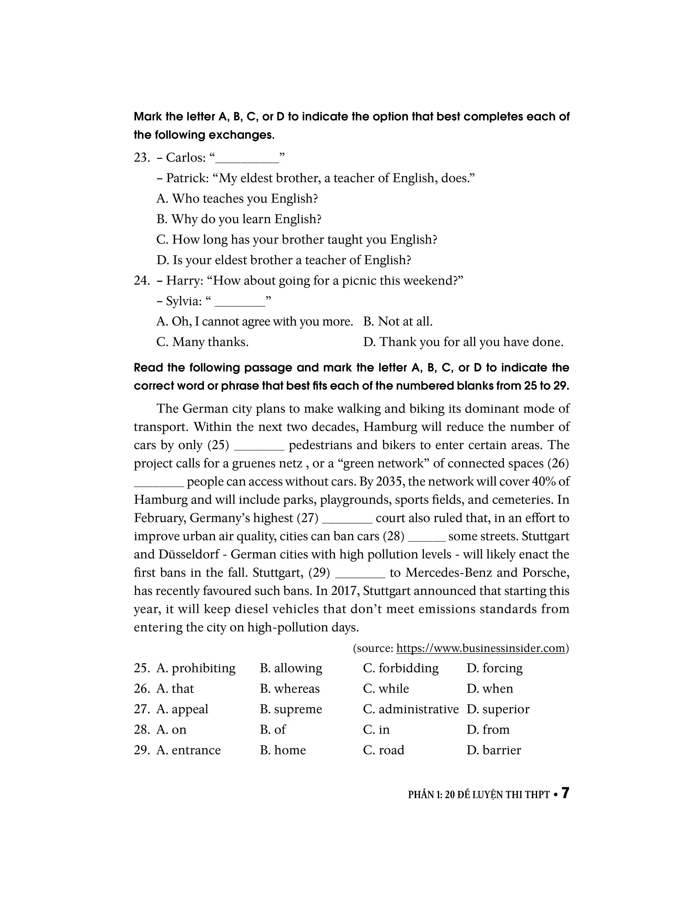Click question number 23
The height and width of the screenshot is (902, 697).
click(x=141, y=158)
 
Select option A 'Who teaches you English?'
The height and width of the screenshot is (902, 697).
click(x=237, y=199)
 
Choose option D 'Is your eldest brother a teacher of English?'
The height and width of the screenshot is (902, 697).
click(x=284, y=260)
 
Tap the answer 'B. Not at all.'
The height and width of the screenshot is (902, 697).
click(x=398, y=321)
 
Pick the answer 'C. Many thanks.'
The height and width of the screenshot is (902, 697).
click(x=202, y=342)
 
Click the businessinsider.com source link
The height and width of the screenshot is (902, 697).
click(x=480, y=648)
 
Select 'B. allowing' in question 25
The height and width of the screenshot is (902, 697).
click(x=291, y=668)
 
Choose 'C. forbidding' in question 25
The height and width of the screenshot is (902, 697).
click(x=401, y=668)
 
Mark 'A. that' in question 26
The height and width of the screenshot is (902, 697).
click(x=175, y=688)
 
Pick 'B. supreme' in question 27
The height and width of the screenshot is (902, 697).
click(x=291, y=709)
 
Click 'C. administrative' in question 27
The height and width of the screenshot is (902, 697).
click(x=410, y=709)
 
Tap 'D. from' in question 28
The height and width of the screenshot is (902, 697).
click(x=487, y=729)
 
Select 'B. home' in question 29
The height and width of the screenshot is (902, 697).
click(x=282, y=750)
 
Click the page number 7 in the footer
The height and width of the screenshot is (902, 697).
click(x=565, y=793)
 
